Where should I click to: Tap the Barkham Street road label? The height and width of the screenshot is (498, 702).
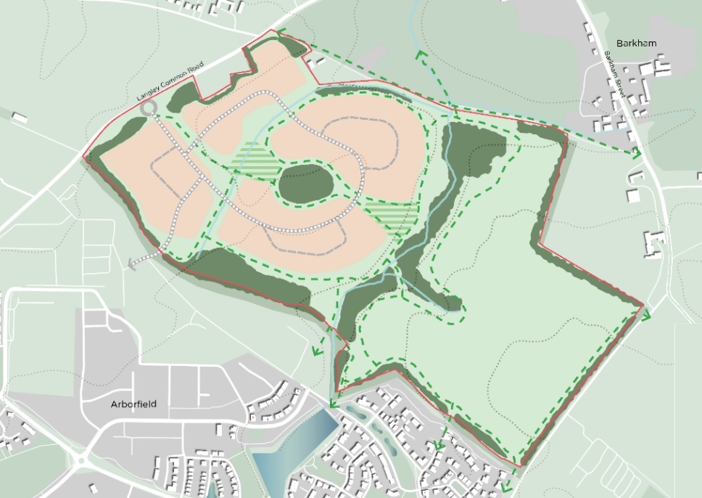[616, 70]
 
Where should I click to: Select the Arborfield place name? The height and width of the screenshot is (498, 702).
[133, 404]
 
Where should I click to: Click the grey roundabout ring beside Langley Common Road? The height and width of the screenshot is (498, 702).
[149, 108]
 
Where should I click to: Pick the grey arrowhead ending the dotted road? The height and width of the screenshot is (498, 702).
[132, 265]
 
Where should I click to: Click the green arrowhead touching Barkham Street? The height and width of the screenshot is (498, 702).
[636, 153]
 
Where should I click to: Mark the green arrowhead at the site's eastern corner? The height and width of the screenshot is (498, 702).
[645, 315]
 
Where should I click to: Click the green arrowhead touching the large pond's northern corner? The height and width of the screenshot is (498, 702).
[332, 404]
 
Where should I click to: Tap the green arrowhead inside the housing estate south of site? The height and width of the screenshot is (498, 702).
[439, 445]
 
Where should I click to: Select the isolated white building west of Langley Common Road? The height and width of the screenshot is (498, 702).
[20, 118]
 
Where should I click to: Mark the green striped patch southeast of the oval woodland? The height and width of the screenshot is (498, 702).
[392, 212]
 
